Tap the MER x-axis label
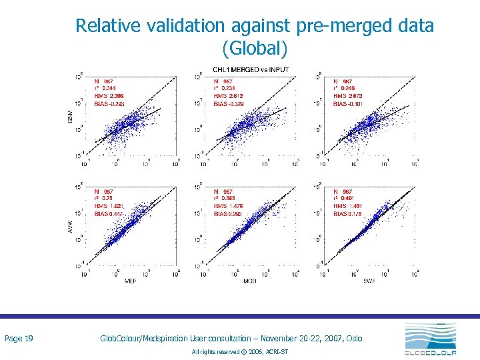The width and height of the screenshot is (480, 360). (x=131, y=281)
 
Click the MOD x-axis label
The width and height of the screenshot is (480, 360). (x=249, y=281)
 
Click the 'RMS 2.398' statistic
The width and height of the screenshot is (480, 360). (x=108, y=96)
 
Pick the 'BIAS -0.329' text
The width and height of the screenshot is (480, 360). (x=228, y=104)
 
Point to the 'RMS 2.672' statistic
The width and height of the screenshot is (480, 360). (x=347, y=96)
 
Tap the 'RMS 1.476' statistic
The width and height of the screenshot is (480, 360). (x=227, y=206)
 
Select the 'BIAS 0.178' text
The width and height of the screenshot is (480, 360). (x=347, y=214)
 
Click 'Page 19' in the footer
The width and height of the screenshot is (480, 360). (x=19, y=339)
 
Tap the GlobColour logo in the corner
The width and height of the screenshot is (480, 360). (x=430, y=340)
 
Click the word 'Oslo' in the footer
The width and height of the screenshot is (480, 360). (x=355, y=339)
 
